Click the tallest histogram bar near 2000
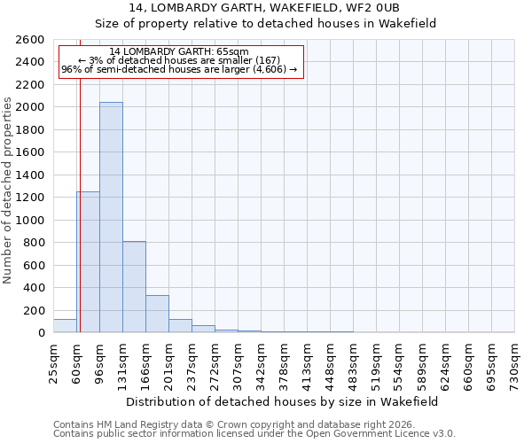[x=111, y=217]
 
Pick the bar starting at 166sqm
[x=157, y=314]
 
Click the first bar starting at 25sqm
[x=65, y=326]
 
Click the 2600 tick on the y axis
[x=31, y=40]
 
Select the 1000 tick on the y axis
[x=31, y=221]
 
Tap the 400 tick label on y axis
[x=35, y=288]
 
